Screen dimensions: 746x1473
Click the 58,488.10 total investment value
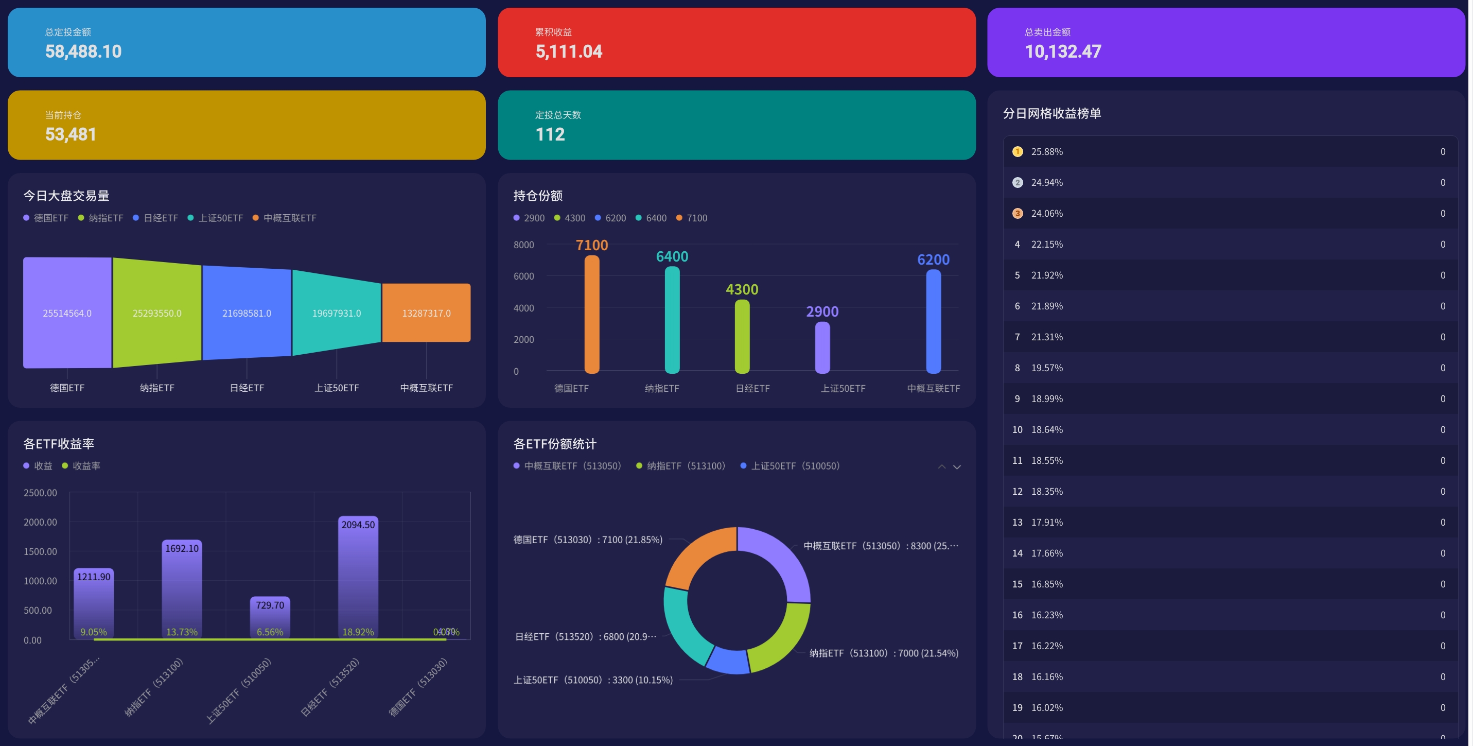point(83,51)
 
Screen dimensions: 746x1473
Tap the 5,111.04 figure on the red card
point(568,51)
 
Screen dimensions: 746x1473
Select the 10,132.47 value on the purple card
point(1062,51)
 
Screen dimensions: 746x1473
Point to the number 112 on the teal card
point(550,134)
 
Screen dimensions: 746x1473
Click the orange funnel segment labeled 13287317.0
point(426,313)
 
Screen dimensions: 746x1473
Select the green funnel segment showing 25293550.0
point(156,313)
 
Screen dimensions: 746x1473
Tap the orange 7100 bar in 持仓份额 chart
point(592,315)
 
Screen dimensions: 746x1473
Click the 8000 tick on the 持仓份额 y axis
point(523,245)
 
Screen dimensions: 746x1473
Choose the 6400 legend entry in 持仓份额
point(651,218)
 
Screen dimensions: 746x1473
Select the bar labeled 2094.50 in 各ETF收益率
point(358,578)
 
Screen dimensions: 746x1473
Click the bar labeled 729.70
point(270,618)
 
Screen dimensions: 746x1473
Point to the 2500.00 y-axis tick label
point(40,493)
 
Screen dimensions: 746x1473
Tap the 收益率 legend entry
point(81,466)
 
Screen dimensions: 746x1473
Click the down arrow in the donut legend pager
point(957,467)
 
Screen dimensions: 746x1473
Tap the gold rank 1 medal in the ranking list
point(1018,151)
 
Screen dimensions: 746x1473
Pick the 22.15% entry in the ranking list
point(1046,244)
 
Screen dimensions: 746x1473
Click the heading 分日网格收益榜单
point(1051,113)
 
